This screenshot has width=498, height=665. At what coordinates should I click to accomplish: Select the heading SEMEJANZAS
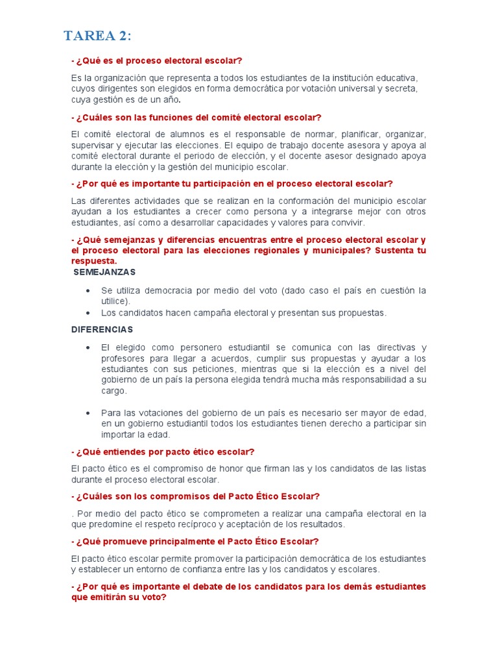tap(104, 271)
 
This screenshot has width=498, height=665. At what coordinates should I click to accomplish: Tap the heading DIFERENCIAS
tap(102, 330)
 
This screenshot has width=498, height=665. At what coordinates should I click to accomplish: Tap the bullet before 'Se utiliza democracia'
tap(87, 290)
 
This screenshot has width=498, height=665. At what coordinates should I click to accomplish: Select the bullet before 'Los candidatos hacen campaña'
tap(87, 313)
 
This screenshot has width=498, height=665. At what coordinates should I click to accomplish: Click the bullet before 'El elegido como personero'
tap(87, 348)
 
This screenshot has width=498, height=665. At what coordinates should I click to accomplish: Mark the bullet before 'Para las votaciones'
tap(87, 413)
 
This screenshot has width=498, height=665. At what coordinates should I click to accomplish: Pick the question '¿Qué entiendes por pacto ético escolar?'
tap(163, 451)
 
